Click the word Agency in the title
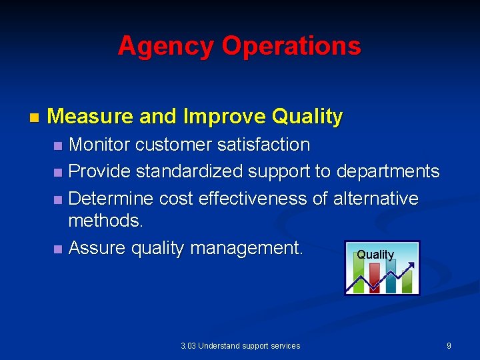[167, 46]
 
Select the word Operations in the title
[291, 46]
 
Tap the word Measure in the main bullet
[91, 117]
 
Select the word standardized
[190, 171]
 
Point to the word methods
[105, 221]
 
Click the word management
[247, 248]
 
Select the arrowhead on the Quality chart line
[412, 267]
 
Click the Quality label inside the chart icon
[375, 255]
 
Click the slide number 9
[449, 345]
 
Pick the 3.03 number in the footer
[188, 345]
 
